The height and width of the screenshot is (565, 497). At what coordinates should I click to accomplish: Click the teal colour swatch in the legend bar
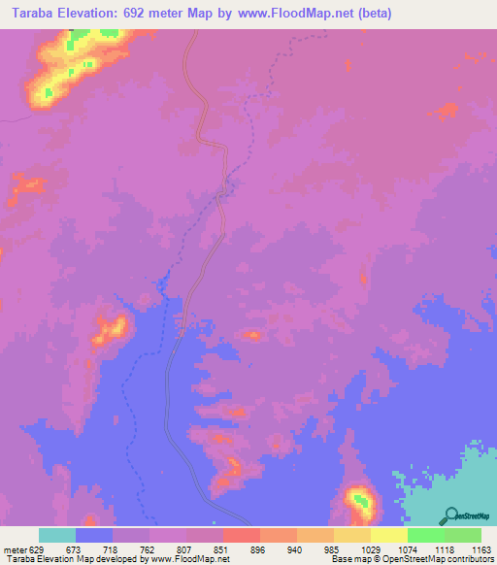point(57,535)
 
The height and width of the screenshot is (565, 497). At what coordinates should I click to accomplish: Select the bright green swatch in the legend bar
point(426,535)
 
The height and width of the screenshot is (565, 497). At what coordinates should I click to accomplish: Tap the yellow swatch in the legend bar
point(389,535)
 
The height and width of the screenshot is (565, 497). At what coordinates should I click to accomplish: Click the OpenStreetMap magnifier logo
point(450,515)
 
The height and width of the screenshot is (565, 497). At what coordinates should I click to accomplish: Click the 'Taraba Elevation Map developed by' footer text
point(72,560)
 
